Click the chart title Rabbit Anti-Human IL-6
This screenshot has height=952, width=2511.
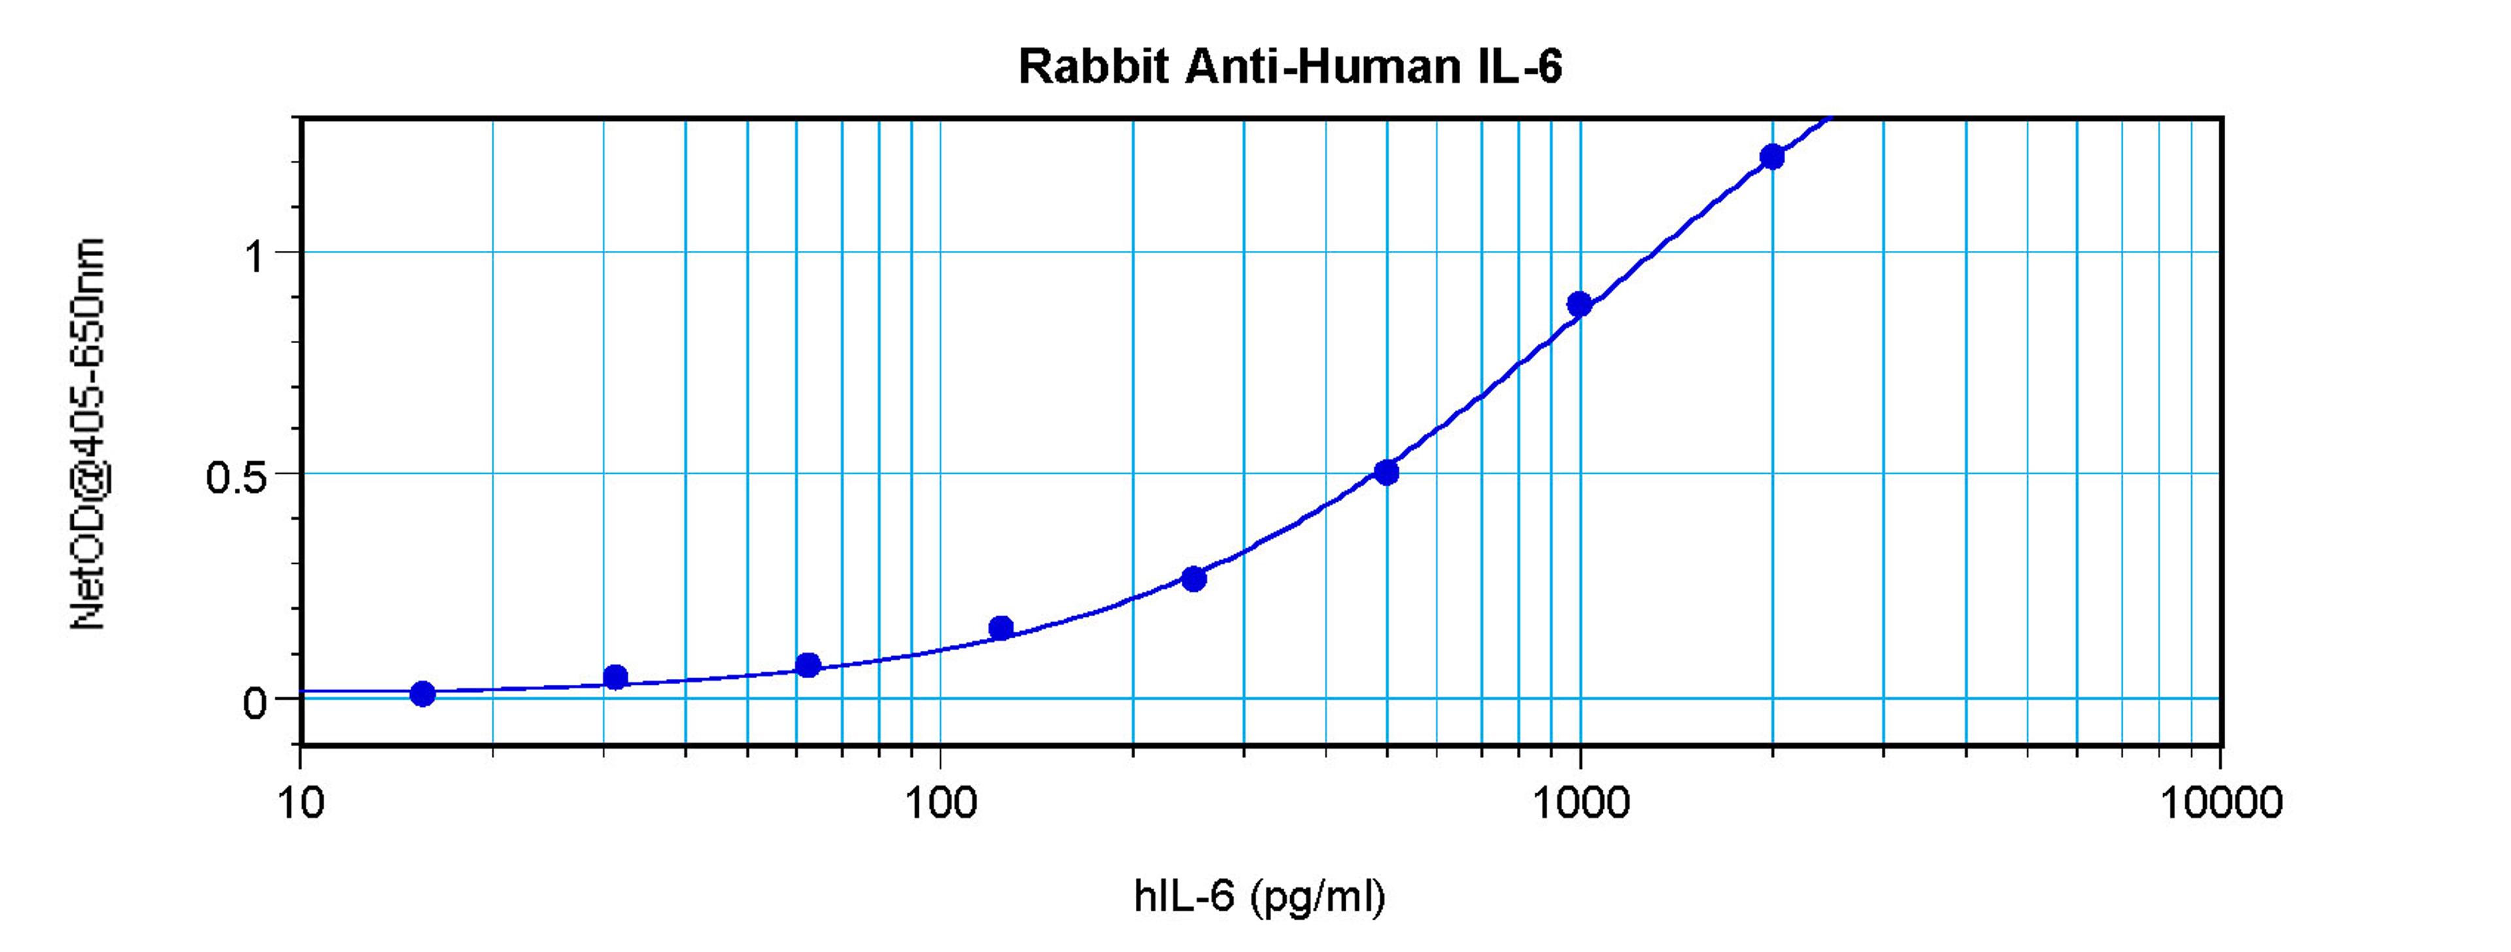[1290, 67]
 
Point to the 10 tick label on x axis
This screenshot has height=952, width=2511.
[300, 803]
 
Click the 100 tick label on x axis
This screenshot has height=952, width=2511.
[940, 803]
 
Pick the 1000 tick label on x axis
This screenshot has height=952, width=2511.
[1580, 803]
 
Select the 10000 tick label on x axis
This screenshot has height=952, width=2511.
[2221, 803]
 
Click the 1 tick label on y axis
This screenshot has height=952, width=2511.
[256, 257]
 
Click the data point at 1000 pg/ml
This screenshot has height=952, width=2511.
[1579, 304]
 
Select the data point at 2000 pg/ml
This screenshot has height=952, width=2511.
[1772, 157]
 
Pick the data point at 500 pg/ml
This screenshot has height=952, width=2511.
[1386, 472]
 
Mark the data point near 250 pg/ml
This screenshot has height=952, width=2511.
[1193, 579]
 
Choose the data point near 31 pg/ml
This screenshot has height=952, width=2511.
[615, 677]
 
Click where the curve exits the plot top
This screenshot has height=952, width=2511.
[1832, 120]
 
